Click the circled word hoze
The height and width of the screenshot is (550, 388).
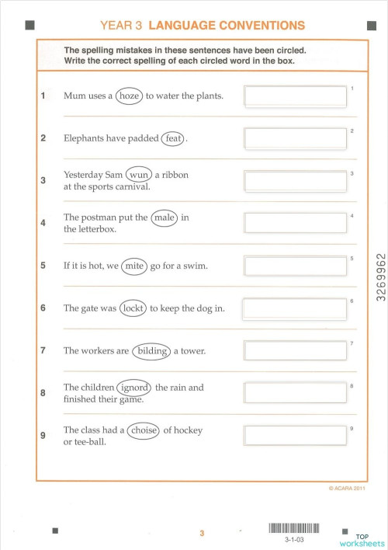(x=129, y=96)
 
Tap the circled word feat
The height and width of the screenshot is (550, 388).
(x=173, y=139)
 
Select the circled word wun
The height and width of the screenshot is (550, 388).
(x=139, y=176)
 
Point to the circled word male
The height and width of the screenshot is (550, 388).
(x=165, y=218)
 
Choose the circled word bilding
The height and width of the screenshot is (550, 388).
(x=151, y=351)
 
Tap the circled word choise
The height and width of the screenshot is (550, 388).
(x=144, y=430)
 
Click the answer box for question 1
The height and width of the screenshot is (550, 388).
(x=296, y=96)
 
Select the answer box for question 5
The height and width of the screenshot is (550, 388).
(x=296, y=266)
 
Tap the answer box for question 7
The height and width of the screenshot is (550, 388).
(x=296, y=351)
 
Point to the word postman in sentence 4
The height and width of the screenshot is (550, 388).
(x=98, y=218)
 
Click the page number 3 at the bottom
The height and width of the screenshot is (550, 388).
(x=201, y=533)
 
